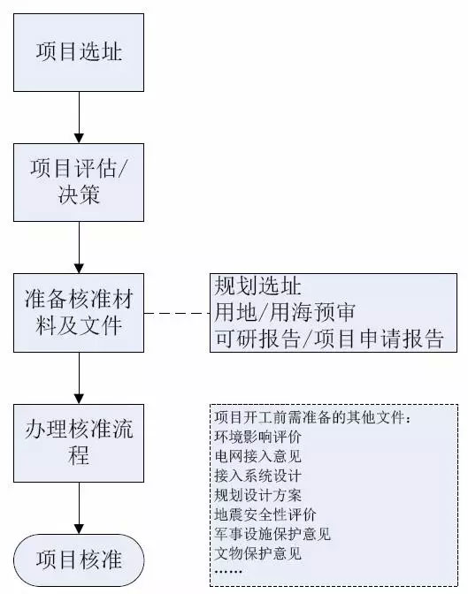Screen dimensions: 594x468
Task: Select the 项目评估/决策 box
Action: (x=79, y=181)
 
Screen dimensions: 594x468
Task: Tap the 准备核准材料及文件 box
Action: (x=79, y=313)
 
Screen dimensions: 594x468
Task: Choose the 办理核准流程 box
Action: (x=79, y=445)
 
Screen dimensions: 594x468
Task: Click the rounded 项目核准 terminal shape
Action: (x=79, y=560)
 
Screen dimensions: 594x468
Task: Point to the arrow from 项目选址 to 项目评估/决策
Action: (x=79, y=116)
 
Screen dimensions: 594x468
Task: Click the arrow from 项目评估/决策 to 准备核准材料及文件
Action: (x=79, y=247)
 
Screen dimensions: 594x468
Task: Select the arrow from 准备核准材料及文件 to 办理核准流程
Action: (x=79, y=378)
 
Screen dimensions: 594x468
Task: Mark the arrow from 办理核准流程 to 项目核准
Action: (x=79, y=510)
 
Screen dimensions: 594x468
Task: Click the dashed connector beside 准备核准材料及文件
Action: (x=177, y=313)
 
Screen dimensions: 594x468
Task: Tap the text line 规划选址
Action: (x=257, y=286)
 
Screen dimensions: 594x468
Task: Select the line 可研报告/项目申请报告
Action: (x=328, y=339)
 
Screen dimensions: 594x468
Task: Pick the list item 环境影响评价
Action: (x=258, y=436)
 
